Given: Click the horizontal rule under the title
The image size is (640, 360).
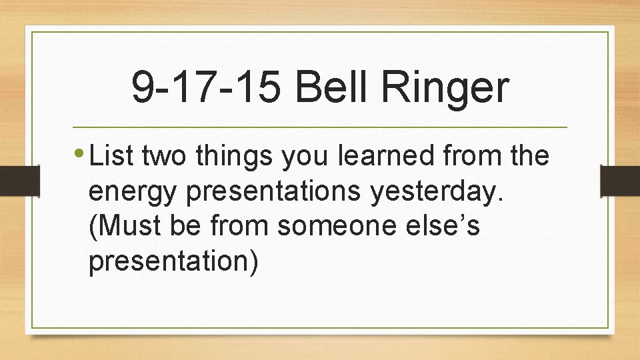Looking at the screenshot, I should (319, 127).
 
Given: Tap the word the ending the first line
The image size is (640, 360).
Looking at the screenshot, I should (527, 157).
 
